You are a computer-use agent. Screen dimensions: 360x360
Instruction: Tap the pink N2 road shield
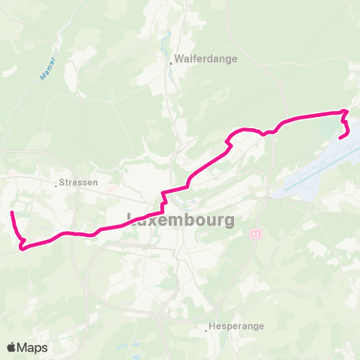(x=255, y=235)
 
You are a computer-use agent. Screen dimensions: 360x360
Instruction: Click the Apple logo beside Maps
(x=12, y=347)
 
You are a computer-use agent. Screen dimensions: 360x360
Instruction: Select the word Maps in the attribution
(x=34, y=347)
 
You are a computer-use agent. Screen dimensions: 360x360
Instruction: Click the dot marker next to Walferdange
(x=171, y=64)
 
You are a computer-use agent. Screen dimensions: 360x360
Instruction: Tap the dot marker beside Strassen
(x=56, y=184)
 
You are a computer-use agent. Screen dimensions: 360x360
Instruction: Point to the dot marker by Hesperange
(x=206, y=328)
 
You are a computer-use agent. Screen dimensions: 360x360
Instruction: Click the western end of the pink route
(x=12, y=214)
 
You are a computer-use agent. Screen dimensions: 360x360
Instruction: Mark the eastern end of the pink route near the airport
(x=341, y=137)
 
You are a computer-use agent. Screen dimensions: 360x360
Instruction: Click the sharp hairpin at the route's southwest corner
(x=22, y=246)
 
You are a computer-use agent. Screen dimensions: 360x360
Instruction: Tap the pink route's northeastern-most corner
(x=346, y=112)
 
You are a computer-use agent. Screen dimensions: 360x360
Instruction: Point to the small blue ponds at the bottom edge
(x=135, y=349)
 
